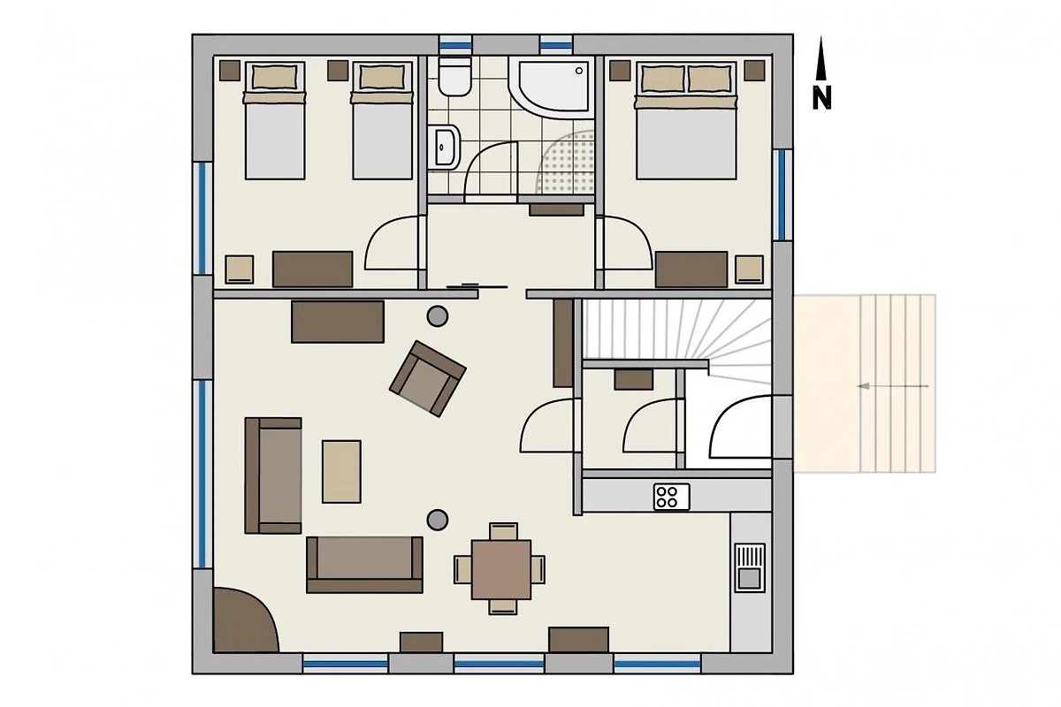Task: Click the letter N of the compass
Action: click(821, 98)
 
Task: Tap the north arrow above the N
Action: click(821, 58)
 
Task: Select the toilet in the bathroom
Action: click(454, 76)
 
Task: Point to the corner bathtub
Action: click(552, 87)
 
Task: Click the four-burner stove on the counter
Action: click(671, 497)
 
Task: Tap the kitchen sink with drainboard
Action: click(750, 567)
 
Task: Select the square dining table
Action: click(500, 570)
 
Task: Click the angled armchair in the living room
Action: click(428, 379)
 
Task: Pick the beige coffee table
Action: click(341, 472)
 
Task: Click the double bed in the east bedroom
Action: click(686, 120)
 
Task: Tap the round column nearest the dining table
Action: click(437, 520)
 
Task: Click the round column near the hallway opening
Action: click(437, 315)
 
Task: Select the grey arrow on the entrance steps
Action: click(893, 386)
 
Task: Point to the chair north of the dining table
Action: click(503, 531)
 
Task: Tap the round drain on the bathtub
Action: click(579, 71)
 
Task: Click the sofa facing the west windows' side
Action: click(273, 475)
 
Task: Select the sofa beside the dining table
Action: click(364, 565)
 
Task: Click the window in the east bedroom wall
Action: click(782, 195)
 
